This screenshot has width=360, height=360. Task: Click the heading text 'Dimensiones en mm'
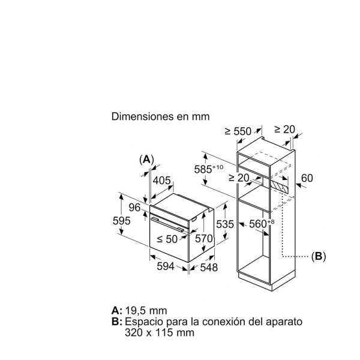click(160, 116)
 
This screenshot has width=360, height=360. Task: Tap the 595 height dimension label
click(122, 221)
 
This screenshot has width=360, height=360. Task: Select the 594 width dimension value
click(166, 266)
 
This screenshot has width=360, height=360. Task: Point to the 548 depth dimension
click(209, 268)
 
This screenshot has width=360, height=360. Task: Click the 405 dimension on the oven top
click(162, 181)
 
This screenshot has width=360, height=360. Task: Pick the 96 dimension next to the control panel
click(134, 208)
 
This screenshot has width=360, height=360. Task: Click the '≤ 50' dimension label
click(167, 239)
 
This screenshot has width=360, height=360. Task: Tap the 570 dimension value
click(204, 239)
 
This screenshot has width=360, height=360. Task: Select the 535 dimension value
click(225, 224)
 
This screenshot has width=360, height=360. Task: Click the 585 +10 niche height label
click(208, 169)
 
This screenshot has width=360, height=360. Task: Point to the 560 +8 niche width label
click(262, 224)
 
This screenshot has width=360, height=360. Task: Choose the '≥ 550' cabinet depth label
click(238, 131)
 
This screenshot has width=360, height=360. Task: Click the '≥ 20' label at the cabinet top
click(284, 130)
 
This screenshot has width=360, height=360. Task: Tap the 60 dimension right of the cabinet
click(307, 178)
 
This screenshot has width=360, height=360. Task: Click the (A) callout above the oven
click(146, 160)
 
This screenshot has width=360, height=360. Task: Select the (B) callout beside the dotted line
click(319, 256)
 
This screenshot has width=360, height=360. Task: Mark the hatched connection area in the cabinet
click(279, 185)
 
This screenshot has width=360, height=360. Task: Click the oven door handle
click(167, 224)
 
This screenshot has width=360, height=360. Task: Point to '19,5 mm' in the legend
click(146, 311)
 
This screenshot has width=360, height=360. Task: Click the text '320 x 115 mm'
click(160, 332)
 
